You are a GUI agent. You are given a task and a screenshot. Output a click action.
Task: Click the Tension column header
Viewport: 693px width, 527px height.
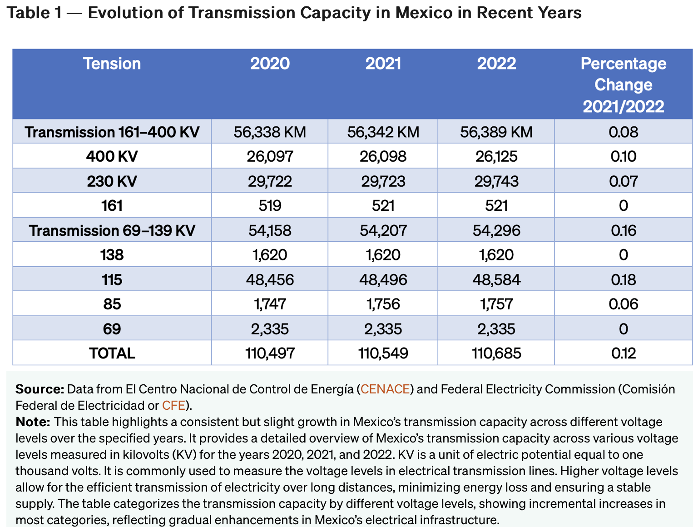112,64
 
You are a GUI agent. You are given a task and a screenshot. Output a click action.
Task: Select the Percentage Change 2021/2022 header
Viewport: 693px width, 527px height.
623,85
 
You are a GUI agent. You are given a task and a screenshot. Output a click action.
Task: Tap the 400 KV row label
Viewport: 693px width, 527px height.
112,156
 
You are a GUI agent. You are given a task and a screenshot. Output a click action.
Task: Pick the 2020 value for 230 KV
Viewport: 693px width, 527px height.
270,181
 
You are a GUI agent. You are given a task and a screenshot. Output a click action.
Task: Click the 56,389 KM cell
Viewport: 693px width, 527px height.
496,132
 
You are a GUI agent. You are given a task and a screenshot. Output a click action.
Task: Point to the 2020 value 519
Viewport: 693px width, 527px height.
270,206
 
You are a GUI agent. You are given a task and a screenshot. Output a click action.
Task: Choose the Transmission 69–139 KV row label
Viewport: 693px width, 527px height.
112,230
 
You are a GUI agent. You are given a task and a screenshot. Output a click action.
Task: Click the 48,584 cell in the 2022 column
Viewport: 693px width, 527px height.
496,279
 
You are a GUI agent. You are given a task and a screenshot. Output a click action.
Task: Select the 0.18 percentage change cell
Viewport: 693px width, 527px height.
623,279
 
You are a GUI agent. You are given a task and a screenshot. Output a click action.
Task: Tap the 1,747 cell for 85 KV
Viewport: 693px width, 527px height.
270,304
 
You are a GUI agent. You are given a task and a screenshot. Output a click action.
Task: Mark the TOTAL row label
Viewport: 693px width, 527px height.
112,353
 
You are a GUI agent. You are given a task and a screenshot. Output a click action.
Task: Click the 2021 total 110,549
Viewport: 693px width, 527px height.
383,353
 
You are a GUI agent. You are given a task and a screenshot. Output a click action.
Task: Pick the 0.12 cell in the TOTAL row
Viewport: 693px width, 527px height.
623,353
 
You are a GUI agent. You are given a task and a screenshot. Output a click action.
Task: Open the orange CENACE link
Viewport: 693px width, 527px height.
385,389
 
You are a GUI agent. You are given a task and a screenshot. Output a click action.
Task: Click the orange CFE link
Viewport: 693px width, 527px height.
173,405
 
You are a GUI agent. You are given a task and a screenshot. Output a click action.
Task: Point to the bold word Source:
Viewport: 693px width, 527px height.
40,389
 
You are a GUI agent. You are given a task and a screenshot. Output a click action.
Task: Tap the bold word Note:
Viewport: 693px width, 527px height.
33,422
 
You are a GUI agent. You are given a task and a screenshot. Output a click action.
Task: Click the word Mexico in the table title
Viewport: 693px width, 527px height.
424,13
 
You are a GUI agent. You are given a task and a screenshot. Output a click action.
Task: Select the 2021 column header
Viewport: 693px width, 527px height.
383,64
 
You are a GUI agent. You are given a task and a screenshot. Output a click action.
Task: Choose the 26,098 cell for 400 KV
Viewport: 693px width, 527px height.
383,156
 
